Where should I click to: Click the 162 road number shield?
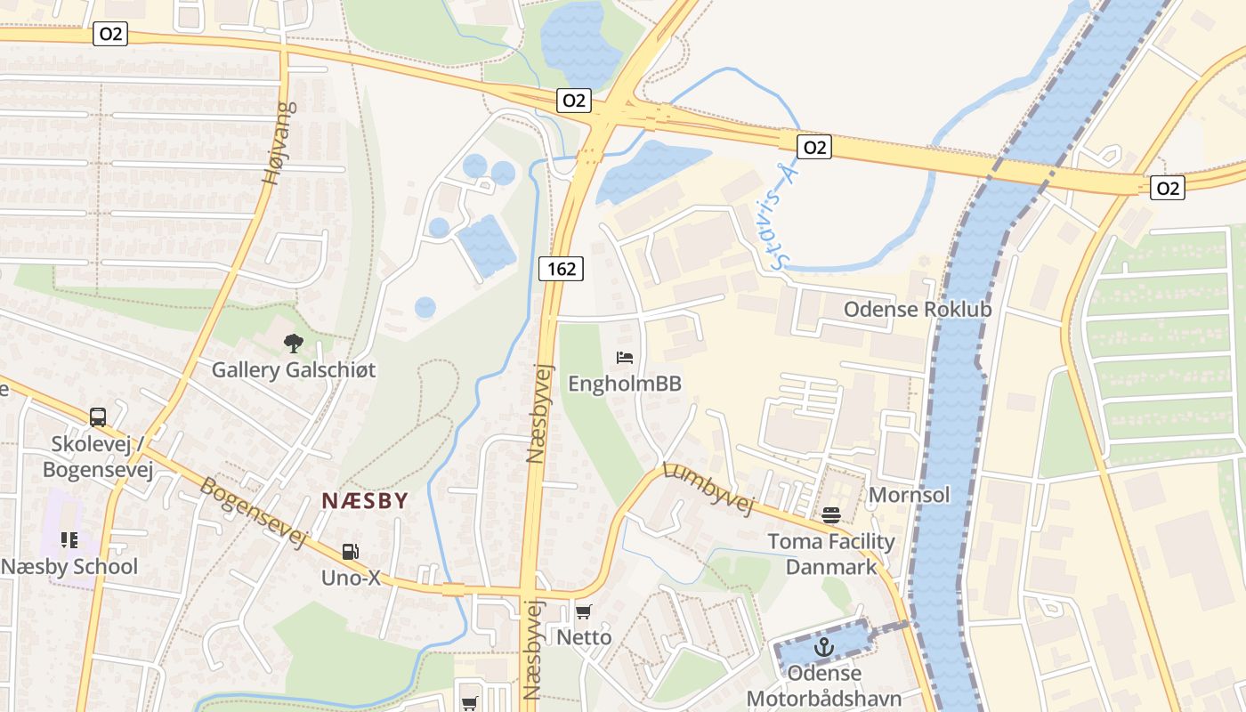[x=561, y=268]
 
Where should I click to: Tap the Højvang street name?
[x=279, y=143]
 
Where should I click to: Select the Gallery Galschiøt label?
[x=294, y=369]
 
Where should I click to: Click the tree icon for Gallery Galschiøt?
[x=293, y=343]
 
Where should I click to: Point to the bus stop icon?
[x=98, y=417]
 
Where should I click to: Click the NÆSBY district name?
[x=365, y=500]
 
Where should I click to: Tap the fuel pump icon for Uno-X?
[x=351, y=552]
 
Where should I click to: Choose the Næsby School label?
[x=69, y=567]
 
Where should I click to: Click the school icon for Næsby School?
[x=69, y=539]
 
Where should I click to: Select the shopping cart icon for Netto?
[x=583, y=611]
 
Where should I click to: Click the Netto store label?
[x=584, y=637]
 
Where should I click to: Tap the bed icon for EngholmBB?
[x=625, y=358]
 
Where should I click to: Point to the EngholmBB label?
[x=625, y=384]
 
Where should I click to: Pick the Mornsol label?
[x=910, y=495]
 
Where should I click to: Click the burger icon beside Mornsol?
[x=831, y=514]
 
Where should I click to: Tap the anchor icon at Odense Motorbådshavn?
[x=824, y=646]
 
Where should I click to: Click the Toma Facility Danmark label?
[x=831, y=554]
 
